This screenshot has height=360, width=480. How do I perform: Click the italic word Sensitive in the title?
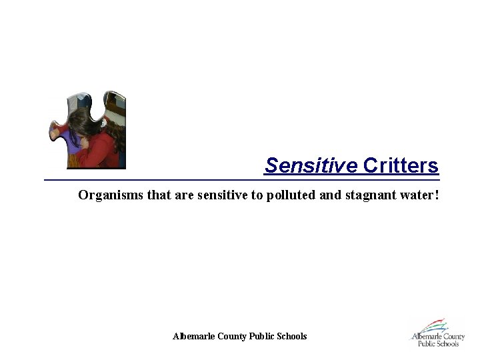coord(311,166)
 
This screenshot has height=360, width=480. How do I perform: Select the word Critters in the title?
coord(401,166)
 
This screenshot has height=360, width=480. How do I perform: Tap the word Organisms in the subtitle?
coord(107,195)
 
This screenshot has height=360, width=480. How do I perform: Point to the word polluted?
coord(289,195)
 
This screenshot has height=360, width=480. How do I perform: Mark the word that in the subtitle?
coord(150,195)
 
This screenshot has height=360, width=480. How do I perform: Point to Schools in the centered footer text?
coord(292,337)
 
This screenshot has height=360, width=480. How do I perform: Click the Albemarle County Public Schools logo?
coord(437,333)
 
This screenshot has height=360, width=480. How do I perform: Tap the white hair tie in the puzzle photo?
coord(103,123)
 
